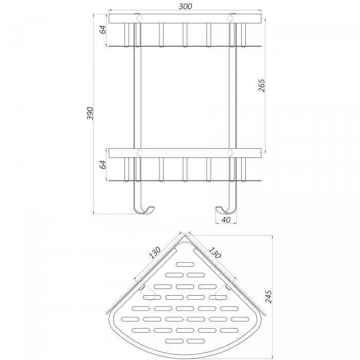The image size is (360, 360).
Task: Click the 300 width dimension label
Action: tap(185, 6)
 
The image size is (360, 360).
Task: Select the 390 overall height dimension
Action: tap(90, 114)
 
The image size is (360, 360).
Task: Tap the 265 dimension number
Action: tap(261, 85)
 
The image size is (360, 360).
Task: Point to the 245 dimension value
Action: tap(268, 297)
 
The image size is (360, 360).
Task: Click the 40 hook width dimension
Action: tap(226, 220)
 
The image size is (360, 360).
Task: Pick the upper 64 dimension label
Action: tap(103, 30)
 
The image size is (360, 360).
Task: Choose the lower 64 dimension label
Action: tap(103, 165)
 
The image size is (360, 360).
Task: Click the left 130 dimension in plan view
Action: tap(155, 253)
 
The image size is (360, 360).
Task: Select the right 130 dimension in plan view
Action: tap(215, 253)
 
